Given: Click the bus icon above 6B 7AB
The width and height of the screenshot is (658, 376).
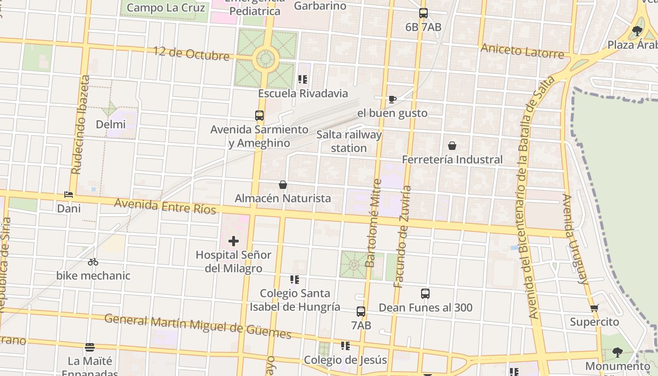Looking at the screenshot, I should (x=423, y=13).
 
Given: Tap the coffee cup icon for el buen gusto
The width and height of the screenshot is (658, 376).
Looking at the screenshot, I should (x=392, y=99).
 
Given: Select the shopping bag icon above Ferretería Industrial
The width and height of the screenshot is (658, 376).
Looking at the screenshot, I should (x=452, y=146).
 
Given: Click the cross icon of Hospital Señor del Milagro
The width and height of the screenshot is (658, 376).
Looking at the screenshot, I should (x=234, y=241).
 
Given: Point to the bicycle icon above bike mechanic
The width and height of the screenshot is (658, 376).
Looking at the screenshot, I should (x=93, y=262).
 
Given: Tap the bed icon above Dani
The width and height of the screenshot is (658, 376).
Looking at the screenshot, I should (x=69, y=195).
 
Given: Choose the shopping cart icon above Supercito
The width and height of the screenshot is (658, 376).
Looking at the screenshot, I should (x=595, y=308).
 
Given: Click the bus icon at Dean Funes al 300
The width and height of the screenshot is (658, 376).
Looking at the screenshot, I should (x=425, y=294).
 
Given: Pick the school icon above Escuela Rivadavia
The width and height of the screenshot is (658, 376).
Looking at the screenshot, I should (x=303, y=79).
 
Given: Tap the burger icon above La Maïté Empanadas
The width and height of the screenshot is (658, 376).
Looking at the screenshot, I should (x=90, y=347).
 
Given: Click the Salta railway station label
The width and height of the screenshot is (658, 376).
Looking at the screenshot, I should (x=349, y=141).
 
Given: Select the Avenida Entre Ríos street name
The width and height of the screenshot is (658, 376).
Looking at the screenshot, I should (x=165, y=206).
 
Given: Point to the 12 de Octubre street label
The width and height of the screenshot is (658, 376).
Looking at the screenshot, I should (x=191, y=53).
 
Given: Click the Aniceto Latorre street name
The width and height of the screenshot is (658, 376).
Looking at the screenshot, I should (x=522, y=51).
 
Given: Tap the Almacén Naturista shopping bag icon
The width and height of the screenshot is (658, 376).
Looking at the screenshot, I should (x=283, y=185).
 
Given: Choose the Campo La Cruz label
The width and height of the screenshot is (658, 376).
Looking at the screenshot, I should (x=166, y=8).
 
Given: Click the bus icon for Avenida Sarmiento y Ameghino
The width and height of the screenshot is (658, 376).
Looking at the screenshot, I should (x=259, y=116).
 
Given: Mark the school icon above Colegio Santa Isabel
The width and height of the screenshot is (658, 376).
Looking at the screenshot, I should (x=295, y=280).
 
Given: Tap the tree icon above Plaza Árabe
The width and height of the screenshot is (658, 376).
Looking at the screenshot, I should (x=637, y=31).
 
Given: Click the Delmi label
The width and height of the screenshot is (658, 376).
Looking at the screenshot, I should (x=111, y=125).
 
